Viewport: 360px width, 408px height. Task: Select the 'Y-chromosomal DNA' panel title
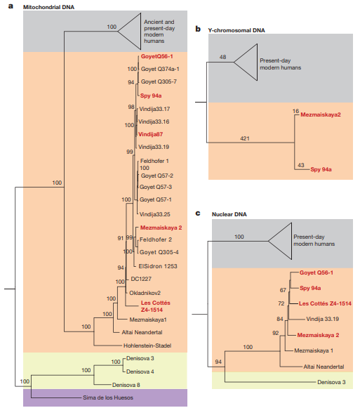[x=238, y=30]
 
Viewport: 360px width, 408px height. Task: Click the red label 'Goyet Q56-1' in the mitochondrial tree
[x=158, y=56]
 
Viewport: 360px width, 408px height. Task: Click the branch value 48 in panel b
[x=223, y=57]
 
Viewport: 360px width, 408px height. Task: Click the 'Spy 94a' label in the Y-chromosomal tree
[x=322, y=170]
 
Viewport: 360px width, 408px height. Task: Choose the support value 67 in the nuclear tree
[x=283, y=289]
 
